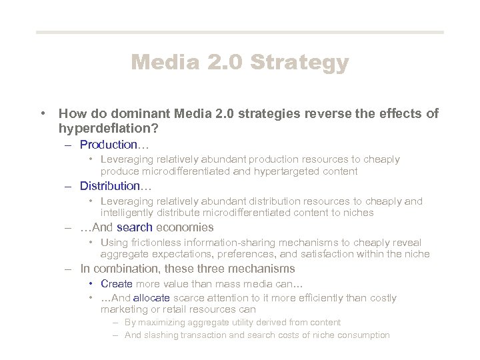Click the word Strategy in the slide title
click(x=299, y=63)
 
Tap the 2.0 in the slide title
click(x=224, y=63)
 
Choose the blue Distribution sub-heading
click(x=110, y=186)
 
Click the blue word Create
click(x=117, y=284)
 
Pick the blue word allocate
click(x=151, y=298)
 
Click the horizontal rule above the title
click(x=239, y=32)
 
